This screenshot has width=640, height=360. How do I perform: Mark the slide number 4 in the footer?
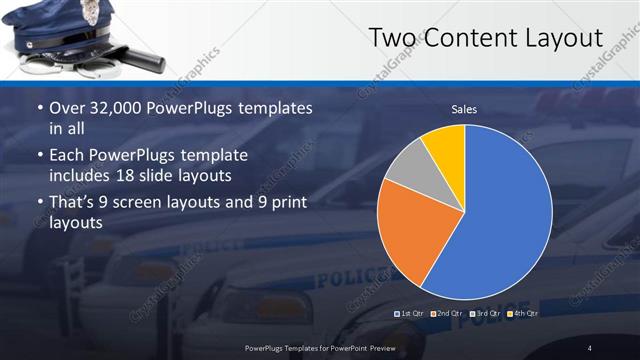point(589,347)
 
